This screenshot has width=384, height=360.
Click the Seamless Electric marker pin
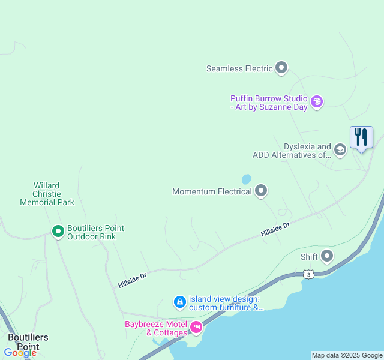coord(281,68)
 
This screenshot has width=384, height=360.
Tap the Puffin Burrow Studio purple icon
coord(317,102)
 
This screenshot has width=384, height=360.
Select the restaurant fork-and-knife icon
coord(361,137)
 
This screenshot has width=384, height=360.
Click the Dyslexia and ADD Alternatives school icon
coord(340,150)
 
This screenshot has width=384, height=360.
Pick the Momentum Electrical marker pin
coord(261,191)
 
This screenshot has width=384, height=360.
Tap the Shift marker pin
coord(327,256)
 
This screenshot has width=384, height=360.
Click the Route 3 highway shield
coord(308,274)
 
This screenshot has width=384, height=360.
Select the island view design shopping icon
coord(179,302)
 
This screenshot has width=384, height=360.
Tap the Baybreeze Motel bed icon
coord(196,327)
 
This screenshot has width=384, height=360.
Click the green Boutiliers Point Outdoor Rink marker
coord(58,231)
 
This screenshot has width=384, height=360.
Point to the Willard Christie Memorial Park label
coord(47,194)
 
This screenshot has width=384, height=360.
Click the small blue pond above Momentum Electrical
coord(247,179)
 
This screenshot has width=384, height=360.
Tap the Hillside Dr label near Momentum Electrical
coord(275,229)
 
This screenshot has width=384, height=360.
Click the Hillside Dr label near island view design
coord(133,280)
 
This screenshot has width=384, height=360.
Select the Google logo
coord(20,353)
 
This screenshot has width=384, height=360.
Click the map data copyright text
coord(347,355)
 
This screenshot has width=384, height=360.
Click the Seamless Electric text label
coord(239,68)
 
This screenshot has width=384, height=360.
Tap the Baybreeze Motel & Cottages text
coord(156,328)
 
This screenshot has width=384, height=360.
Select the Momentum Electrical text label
coord(212,192)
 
